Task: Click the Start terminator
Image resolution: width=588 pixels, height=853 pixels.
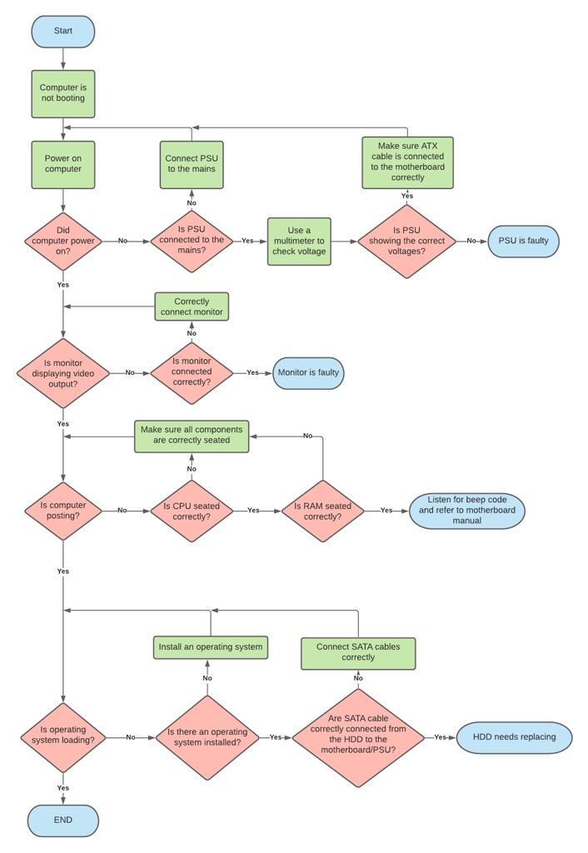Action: [63, 32]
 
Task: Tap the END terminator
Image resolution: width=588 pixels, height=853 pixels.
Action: [63, 820]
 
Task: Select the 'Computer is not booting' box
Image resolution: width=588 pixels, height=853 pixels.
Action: [63, 93]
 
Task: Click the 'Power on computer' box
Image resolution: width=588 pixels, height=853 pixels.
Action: [63, 164]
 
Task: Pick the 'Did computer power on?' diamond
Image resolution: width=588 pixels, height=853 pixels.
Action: [63, 241]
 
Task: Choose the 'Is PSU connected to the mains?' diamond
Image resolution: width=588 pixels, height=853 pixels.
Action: [192, 241]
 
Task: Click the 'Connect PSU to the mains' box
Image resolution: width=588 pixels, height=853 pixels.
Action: [192, 164]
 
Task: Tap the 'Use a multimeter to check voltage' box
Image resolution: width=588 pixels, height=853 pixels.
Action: [299, 242]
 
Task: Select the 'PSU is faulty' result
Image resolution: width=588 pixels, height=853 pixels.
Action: [523, 241]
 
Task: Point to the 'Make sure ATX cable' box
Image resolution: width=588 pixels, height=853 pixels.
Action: [407, 162]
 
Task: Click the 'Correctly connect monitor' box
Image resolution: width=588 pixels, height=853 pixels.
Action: [192, 307]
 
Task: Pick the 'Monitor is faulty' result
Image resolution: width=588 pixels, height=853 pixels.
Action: [308, 372]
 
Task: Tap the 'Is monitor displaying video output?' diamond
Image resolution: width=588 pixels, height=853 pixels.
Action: [63, 373]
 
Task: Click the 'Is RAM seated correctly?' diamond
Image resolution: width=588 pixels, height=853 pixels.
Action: [322, 511]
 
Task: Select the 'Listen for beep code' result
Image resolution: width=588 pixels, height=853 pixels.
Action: [466, 511]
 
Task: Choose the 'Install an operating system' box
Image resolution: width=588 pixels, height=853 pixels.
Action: [211, 646]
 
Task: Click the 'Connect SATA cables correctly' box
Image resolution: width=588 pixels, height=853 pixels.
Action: [358, 652]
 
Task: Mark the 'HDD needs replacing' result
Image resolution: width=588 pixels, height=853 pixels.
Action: [514, 737]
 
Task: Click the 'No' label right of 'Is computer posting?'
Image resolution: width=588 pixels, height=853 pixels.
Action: [122, 511]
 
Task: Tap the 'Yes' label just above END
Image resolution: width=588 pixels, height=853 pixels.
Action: [63, 787]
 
